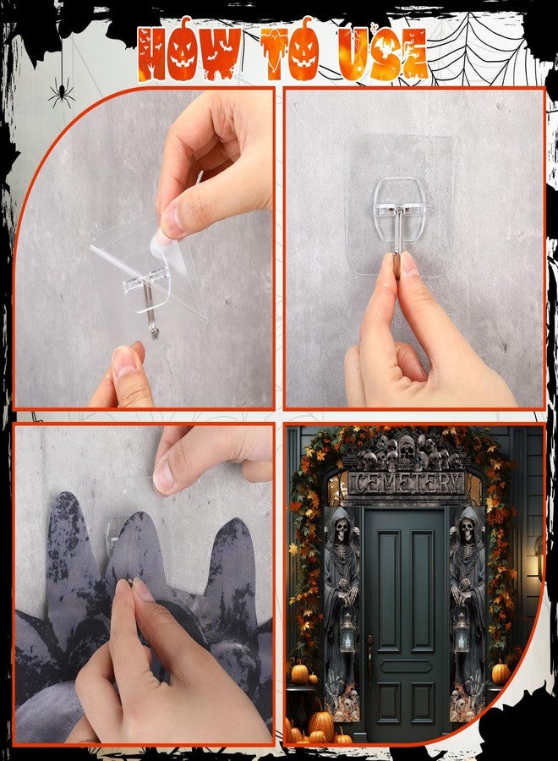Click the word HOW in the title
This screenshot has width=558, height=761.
pyautogui.click(x=189, y=51)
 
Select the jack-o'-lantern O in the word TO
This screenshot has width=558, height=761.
pyautogui.click(x=305, y=51)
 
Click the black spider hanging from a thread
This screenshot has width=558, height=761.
pyautogui.click(x=62, y=92)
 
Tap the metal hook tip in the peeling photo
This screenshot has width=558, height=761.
pyautogui.click(x=155, y=332)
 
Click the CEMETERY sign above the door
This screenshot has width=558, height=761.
pyautogui.click(x=405, y=483)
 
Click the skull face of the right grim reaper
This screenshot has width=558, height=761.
pyautogui.click(x=468, y=527)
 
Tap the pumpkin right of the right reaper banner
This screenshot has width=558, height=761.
pyautogui.click(x=501, y=673)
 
